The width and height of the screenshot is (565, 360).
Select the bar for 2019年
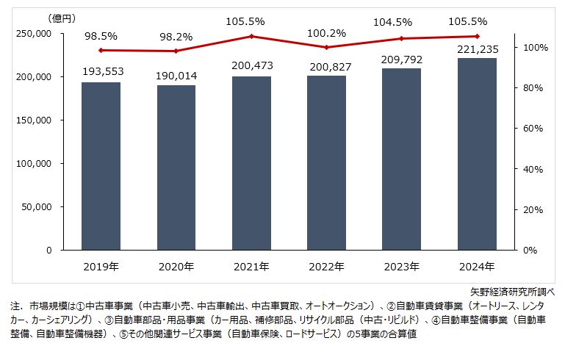click(x=101, y=166)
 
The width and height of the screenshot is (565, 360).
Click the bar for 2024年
click(x=476, y=154)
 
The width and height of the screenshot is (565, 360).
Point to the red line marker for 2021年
click(x=251, y=36)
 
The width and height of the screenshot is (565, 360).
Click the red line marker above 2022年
click(x=326, y=47)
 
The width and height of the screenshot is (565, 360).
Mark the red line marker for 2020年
click(x=176, y=51)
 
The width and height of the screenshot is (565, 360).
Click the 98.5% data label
click(x=101, y=34)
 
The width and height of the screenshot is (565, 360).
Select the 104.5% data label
click(x=401, y=23)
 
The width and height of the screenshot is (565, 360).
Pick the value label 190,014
click(x=176, y=75)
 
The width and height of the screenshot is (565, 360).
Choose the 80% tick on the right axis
click(x=530, y=88)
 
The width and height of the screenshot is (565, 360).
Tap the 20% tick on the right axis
click(x=530, y=210)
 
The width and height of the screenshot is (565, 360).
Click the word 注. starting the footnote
click(x=15, y=305)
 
